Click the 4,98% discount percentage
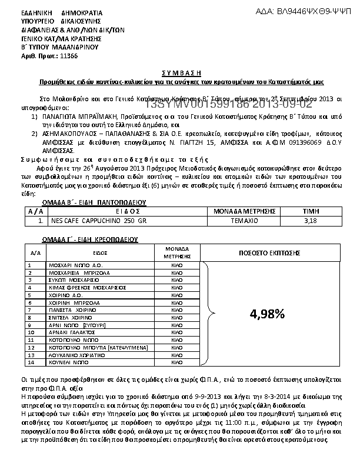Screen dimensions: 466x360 pyautogui.click(x=267, y=314)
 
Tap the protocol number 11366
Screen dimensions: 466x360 pyautogui.click(x=69, y=55)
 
